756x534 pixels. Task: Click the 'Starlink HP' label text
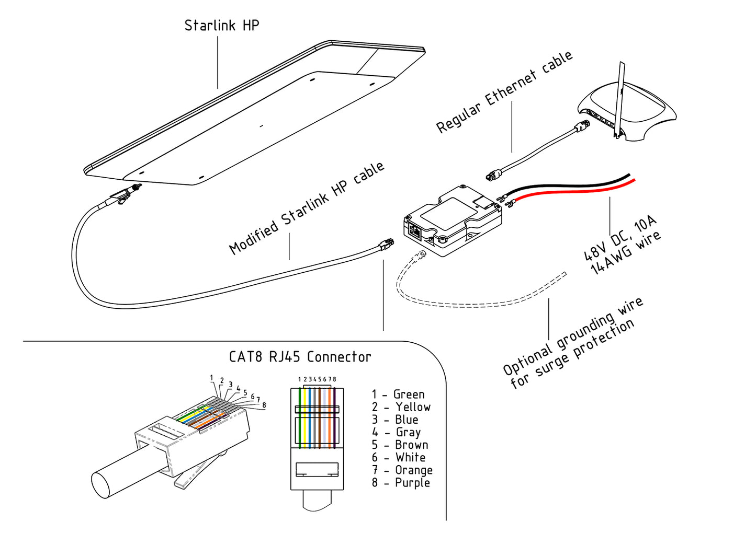click(221, 25)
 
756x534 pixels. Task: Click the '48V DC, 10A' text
click(619, 238)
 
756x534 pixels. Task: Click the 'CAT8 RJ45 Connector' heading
click(300, 357)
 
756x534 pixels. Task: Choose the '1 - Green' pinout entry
click(398, 394)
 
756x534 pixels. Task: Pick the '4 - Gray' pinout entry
click(396, 433)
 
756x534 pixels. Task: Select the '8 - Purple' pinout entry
click(401, 483)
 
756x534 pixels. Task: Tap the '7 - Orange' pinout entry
click(402, 470)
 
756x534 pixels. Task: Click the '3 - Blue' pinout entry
click(395, 420)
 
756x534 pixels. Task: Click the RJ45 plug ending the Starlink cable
click(386, 243)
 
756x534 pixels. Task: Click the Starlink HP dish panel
click(251, 120)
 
